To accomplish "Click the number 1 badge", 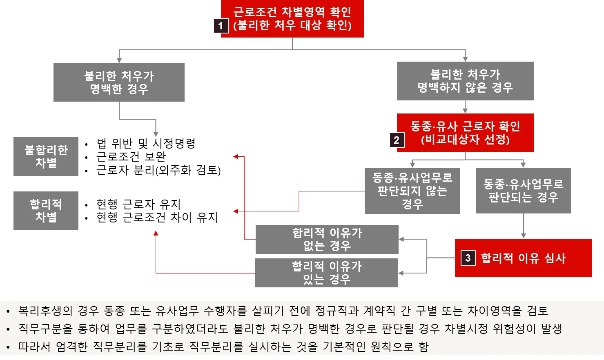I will (220, 26).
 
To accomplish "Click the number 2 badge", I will (396, 140).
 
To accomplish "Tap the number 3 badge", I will (468, 258).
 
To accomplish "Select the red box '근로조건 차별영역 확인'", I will (292, 19).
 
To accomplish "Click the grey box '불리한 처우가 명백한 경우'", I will (119, 83).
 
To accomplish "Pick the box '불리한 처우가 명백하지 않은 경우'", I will (465, 80).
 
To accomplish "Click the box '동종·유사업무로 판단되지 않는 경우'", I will (411, 191).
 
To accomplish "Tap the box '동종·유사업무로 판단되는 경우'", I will (522, 191).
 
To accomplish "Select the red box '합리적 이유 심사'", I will (524, 258).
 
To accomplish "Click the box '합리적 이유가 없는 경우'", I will (327, 239).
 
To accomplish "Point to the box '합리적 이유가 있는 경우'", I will (327, 272).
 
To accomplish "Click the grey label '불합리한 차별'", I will (46, 157).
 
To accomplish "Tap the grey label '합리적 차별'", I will (46, 211).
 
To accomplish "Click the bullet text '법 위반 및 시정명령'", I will (146, 144).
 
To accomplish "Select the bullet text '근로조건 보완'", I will (131, 157).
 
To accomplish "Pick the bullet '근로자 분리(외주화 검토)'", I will (158, 170).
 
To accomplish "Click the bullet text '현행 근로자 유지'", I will (138, 204).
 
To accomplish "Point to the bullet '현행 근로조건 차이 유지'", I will (157, 217).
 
